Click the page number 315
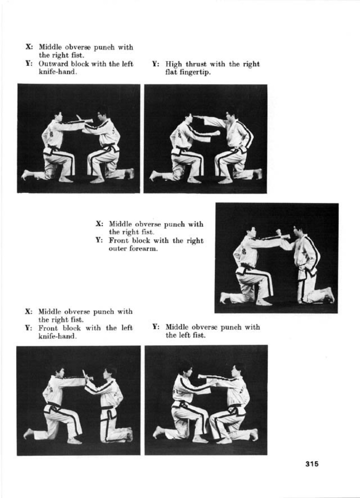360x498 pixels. click(x=312, y=464)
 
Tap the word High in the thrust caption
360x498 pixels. click(x=173, y=64)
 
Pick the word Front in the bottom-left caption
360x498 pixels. click(x=48, y=328)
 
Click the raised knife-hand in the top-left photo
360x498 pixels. click(x=79, y=118)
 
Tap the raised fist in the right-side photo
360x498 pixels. click(x=279, y=232)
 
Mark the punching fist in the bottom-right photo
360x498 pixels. click(x=201, y=376)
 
